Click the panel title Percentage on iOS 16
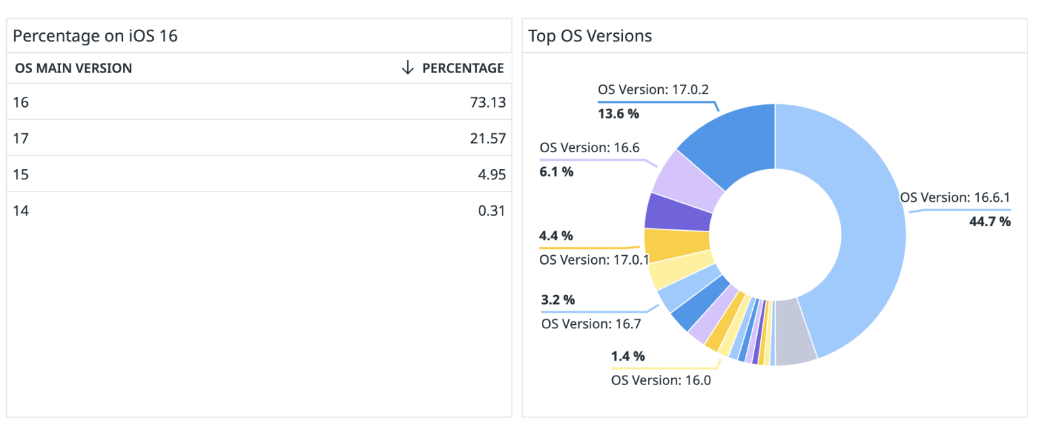coord(95,36)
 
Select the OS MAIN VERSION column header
coord(73,68)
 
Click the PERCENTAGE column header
coord(463,68)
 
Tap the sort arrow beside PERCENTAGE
coord(407,68)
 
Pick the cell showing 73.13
coord(487,103)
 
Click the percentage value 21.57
coord(487,139)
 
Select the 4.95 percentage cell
coord(491,175)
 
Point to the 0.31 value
coord(491,210)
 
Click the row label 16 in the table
coord(21,103)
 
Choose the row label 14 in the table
coord(21,210)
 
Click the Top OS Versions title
coord(590,36)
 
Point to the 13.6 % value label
coord(618,114)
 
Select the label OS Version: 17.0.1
coord(594,260)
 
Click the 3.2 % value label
coord(558,300)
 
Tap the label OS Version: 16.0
coord(661,380)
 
